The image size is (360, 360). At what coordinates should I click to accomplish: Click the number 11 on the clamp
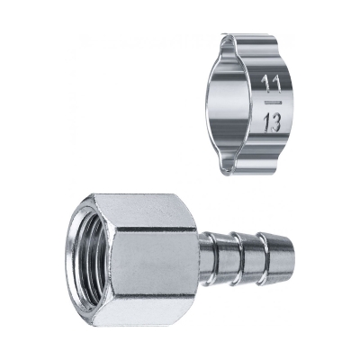click(x=272, y=83)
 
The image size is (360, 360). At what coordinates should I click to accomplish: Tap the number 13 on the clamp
click(x=272, y=123)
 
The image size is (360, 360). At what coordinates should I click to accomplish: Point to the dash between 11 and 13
click(x=274, y=103)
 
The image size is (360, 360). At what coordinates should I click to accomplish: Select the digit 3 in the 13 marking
click(x=275, y=123)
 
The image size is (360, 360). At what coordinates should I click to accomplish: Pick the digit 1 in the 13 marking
click(x=265, y=123)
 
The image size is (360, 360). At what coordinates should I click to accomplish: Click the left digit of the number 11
click(x=265, y=83)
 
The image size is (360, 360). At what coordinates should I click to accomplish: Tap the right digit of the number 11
click(x=276, y=83)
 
